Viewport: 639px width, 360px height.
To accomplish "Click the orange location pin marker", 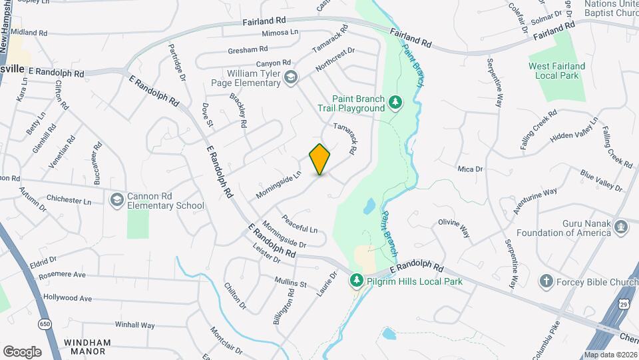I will (320, 159).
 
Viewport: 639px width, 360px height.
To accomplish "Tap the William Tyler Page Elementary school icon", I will (290, 78).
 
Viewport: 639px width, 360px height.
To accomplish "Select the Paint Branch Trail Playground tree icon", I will (397, 102).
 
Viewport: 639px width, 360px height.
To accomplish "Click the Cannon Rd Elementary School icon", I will (117, 200).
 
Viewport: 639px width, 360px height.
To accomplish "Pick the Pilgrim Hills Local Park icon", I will (357, 281).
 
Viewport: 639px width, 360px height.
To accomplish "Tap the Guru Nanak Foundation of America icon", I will (622, 227).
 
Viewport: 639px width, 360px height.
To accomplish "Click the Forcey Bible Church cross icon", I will (546, 281).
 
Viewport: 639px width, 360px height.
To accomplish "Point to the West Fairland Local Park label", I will (556, 71).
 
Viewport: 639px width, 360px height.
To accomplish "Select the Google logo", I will (23, 351).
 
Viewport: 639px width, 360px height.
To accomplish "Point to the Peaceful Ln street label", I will (299, 223).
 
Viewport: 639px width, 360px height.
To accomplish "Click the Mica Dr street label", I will (470, 169).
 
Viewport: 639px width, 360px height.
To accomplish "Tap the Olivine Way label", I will (454, 227).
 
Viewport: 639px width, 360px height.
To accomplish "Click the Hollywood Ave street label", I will (67, 298).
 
